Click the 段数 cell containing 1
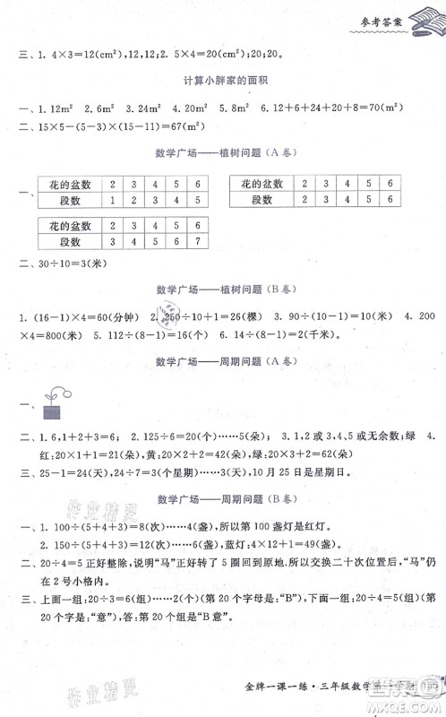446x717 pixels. [x=113, y=201]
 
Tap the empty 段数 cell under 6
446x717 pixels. [x=390, y=201]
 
